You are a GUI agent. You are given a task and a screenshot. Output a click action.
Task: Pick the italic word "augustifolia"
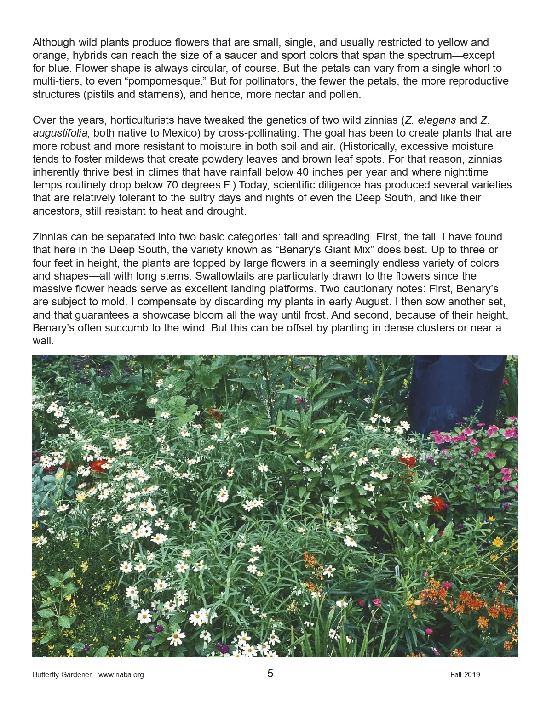(x=62, y=133)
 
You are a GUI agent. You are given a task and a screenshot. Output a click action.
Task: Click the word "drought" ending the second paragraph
(x=229, y=211)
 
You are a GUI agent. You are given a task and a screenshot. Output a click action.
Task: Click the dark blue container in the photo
(x=455, y=391)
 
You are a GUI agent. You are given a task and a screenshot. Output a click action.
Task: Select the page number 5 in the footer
(x=270, y=674)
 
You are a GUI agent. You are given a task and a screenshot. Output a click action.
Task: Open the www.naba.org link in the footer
(x=121, y=675)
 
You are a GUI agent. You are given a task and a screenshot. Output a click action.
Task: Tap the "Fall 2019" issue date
(x=465, y=675)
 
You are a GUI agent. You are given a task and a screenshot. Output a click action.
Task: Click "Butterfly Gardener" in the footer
(x=62, y=675)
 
